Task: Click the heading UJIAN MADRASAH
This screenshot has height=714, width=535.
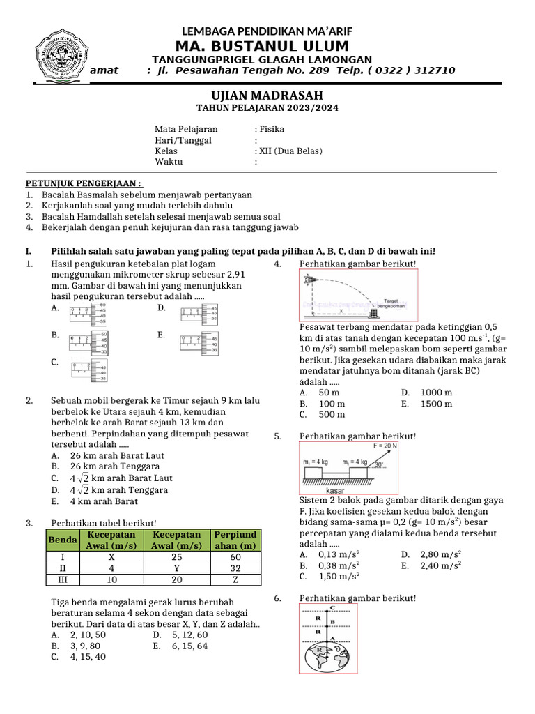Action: pos(267,96)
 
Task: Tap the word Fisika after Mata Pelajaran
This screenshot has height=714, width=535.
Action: pos(272,129)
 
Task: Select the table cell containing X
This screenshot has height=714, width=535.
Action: pos(111,556)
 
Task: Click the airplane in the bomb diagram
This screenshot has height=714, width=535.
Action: pos(311,280)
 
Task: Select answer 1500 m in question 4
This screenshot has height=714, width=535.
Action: pos(436,404)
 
